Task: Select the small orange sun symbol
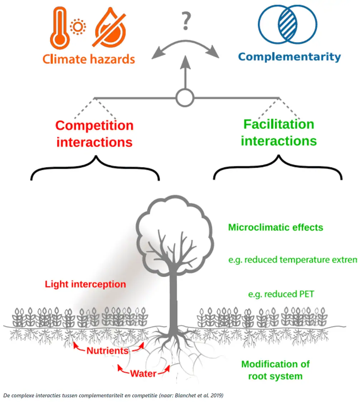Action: point(76,27)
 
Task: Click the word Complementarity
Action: point(289,57)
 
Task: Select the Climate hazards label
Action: point(88,59)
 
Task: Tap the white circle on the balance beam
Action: point(185,97)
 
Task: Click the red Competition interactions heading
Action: point(94,134)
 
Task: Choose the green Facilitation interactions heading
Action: point(279,132)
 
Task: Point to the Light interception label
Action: point(85,285)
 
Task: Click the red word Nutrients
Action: point(107,350)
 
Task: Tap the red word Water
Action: point(143,374)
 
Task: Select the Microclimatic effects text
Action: point(276,227)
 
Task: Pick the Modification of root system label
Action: point(275,370)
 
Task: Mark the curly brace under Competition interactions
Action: point(95,168)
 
